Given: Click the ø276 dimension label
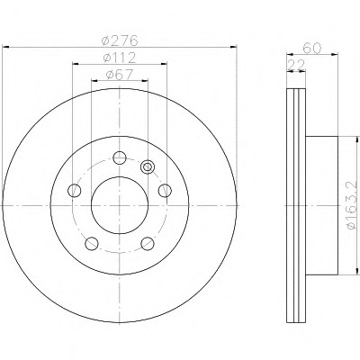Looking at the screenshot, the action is (120, 40).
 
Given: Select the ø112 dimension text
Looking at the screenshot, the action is (120, 58).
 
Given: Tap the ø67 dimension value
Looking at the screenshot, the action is (120, 75).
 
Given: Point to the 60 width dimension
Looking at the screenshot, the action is (312, 48).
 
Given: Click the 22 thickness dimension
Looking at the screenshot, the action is (296, 65).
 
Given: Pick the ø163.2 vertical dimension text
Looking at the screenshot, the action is (353, 205).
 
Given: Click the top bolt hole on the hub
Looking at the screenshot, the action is (120, 157).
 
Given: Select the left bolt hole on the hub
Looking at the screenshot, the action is (75, 191).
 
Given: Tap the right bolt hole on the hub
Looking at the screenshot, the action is (165, 191).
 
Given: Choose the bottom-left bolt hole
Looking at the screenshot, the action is (92, 243).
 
